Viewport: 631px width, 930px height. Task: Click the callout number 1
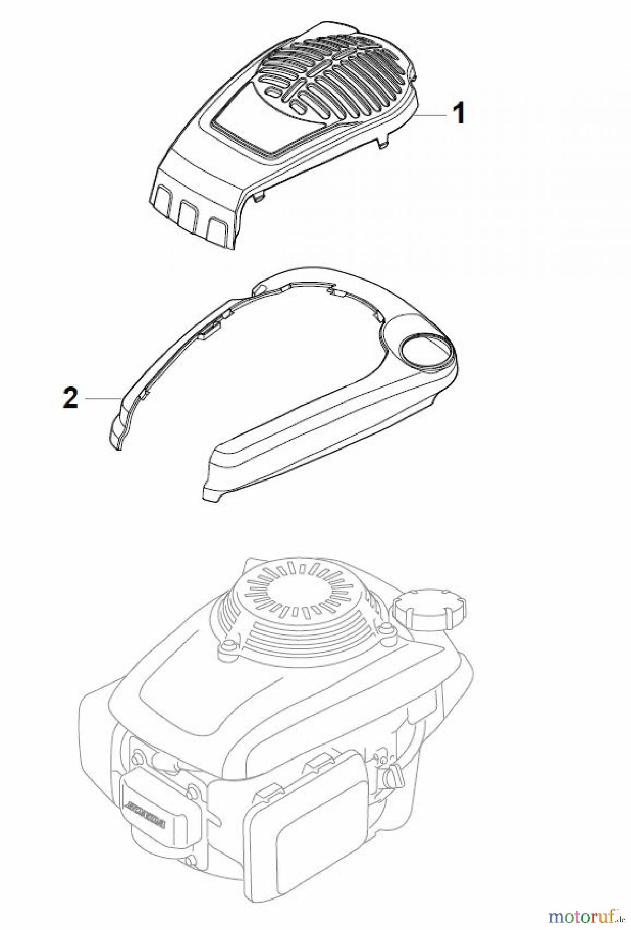(x=458, y=113)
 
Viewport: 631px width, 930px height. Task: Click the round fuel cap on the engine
(x=429, y=608)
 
